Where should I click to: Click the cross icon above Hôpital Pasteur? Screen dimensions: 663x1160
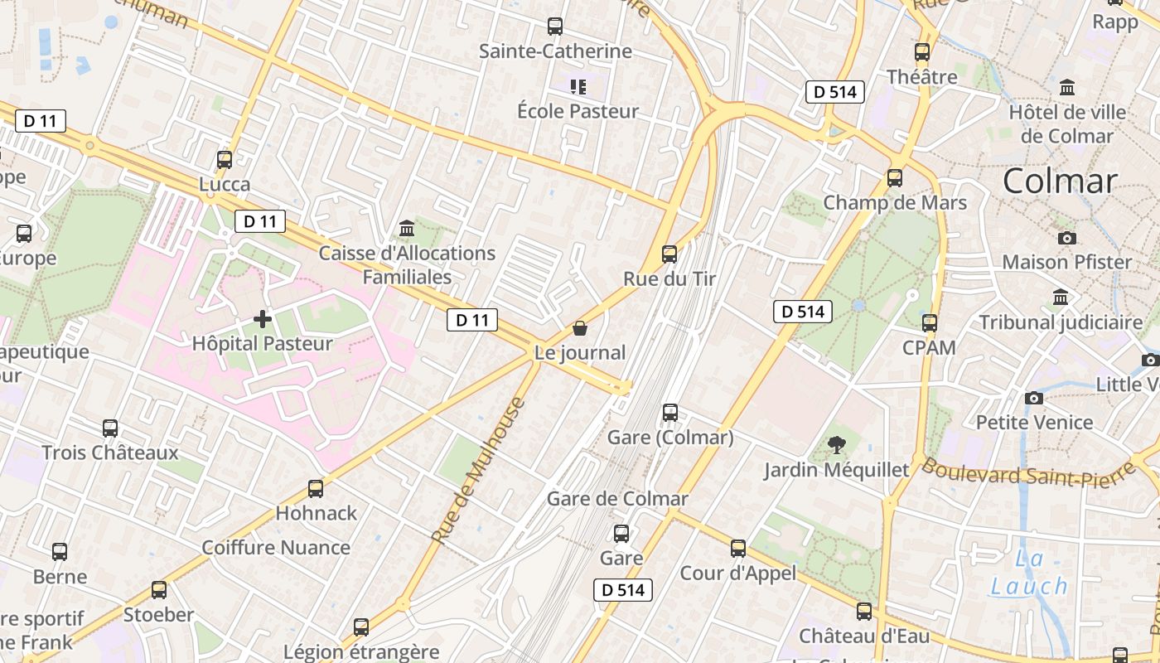pyautogui.click(x=263, y=318)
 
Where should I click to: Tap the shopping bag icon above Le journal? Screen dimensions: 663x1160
pyautogui.click(x=580, y=328)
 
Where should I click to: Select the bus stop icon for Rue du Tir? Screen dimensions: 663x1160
pyautogui.click(x=669, y=254)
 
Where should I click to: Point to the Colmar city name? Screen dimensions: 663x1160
pyautogui.click(x=1060, y=181)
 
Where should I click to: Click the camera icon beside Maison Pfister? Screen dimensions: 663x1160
pyautogui.click(x=1067, y=238)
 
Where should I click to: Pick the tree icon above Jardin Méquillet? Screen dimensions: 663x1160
pyautogui.click(x=837, y=446)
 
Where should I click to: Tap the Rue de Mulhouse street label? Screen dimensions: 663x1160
pyautogui.click(x=479, y=471)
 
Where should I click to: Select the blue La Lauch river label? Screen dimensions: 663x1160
pyautogui.click(x=1029, y=573)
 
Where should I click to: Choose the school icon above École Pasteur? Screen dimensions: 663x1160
pyautogui.click(x=578, y=86)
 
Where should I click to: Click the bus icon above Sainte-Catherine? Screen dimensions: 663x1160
pyautogui.click(x=555, y=27)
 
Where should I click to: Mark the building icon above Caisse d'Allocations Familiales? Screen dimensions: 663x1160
pyautogui.click(x=407, y=228)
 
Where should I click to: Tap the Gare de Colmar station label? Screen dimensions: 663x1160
pyautogui.click(x=617, y=499)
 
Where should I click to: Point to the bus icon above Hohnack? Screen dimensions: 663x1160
pyautogui.click(x=316, y=489)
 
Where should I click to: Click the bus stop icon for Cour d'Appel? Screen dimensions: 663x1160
pyautogui.click(x=738, y=549)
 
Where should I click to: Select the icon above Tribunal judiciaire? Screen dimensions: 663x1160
pyautogui.click(x=1061, y=298)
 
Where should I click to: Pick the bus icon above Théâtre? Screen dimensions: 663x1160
pyautogui.click(x=922, y=52)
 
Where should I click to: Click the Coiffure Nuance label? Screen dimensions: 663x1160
pyautogui.click(x=276, y=548)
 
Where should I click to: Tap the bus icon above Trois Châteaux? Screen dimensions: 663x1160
pyautogui.click(x=110, y=428)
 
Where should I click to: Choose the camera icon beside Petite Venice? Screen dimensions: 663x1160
pyautogui.click(x=1033, y=399)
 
